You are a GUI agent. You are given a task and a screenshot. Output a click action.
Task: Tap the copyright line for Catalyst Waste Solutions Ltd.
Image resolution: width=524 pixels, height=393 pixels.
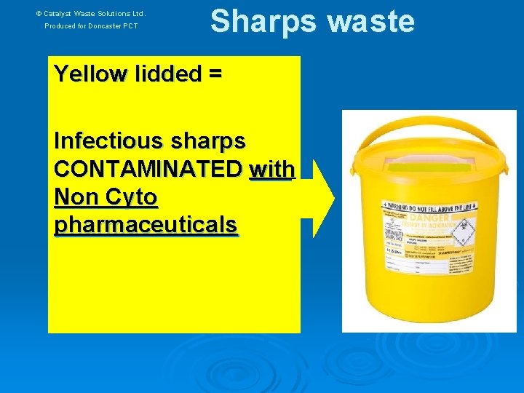coord(91,13)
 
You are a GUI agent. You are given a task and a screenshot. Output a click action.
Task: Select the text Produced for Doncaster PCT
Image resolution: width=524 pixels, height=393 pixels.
coord(91,26)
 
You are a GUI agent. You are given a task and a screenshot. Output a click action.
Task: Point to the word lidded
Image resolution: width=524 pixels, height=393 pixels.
coord(162,74)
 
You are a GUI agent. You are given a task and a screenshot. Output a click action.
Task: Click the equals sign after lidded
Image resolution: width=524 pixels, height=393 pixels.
coord(215,74)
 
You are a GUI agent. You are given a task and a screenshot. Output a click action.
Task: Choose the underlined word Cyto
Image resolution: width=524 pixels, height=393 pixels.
coord(130,197)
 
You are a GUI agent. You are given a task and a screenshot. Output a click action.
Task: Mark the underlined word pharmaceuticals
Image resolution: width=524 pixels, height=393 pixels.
coord(146,226)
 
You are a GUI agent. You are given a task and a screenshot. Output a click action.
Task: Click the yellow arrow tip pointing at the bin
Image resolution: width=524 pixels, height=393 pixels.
coord(330,198)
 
